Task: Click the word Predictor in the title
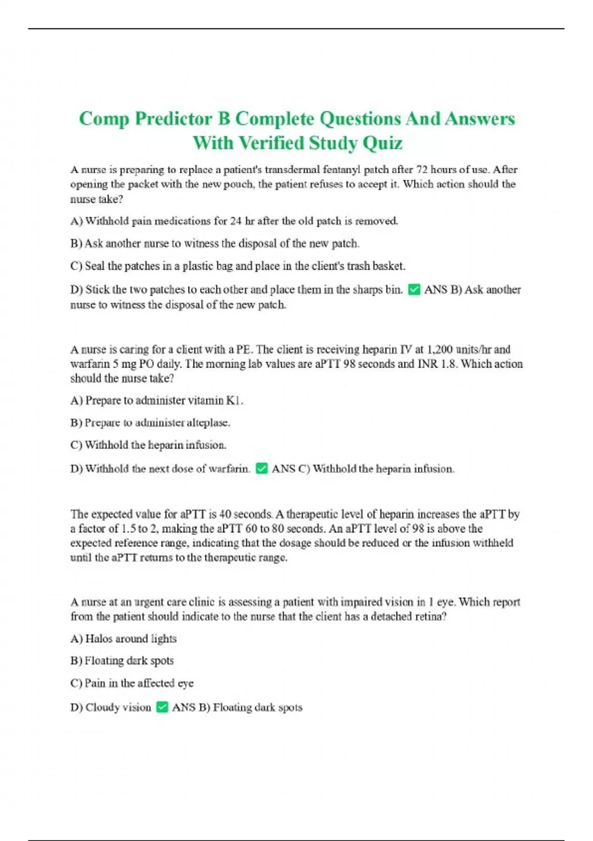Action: pos(173,119)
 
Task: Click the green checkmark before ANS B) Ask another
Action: pos(415,289)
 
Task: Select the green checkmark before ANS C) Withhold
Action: pos(262,468)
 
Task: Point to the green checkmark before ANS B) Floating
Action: pos(162,707)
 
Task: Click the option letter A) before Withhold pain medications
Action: pos(77,221)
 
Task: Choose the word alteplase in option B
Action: pos(208,423)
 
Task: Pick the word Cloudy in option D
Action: pos(102,707)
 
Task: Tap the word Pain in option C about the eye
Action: pos(95,683)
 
